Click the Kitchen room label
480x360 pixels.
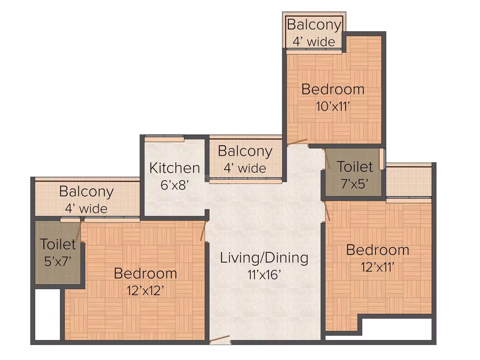(x=175, y=168)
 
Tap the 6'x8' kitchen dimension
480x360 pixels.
(x=175, y=185)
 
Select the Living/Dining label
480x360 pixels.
(x=264, y=258)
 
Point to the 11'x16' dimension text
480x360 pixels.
(x=264, y=275)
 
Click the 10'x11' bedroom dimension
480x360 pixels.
(x=333, y=106)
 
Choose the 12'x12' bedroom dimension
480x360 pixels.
(x=145, y=290)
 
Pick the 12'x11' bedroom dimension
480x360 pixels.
(x=377, y=267)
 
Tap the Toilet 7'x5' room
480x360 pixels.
(x=353, y=173)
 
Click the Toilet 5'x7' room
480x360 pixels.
(x=58, y=252)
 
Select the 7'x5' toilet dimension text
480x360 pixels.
(x=355, y=184)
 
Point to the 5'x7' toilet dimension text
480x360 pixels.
(x=58, y=261)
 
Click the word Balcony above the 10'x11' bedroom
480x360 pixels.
(x=314, y=25)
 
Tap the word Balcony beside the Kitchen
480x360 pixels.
(x=245, y=151)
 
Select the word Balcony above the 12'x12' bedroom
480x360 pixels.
(x=86, y=192)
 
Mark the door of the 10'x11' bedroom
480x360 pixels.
(x=297, y=142)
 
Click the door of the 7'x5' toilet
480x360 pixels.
(x=326, y=158)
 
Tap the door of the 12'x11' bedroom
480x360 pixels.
(x=327, y=211)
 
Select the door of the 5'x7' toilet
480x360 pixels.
(x=79, y=231)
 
